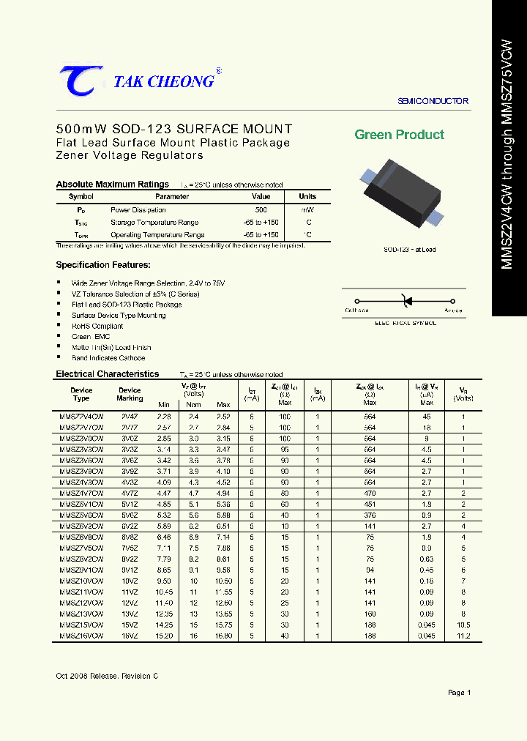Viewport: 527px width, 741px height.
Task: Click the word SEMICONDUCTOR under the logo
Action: [433, 101]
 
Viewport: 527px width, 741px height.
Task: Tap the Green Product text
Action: [399, 135]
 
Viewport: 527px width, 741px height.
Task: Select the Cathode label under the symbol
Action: [356, 310]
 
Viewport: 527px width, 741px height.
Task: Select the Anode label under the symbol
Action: [453, 310]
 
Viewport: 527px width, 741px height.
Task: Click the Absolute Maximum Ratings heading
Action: [113, 185]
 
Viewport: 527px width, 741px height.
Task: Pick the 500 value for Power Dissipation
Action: [261, 210]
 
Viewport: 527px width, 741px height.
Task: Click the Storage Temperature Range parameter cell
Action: [154, 223]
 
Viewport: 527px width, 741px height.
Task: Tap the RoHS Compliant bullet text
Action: [97, 326]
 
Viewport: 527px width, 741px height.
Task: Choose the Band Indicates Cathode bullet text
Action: [108, 358]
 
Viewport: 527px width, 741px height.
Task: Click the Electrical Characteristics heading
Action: [108, 374]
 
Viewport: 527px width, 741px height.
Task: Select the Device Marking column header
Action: [130, 395]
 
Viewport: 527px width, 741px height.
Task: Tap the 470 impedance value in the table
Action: [370, 494]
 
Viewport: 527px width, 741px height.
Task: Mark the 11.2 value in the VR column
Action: [463, 636]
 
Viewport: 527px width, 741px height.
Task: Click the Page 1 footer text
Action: [459, 692]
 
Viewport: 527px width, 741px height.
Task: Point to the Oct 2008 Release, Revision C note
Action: [107, 675]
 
